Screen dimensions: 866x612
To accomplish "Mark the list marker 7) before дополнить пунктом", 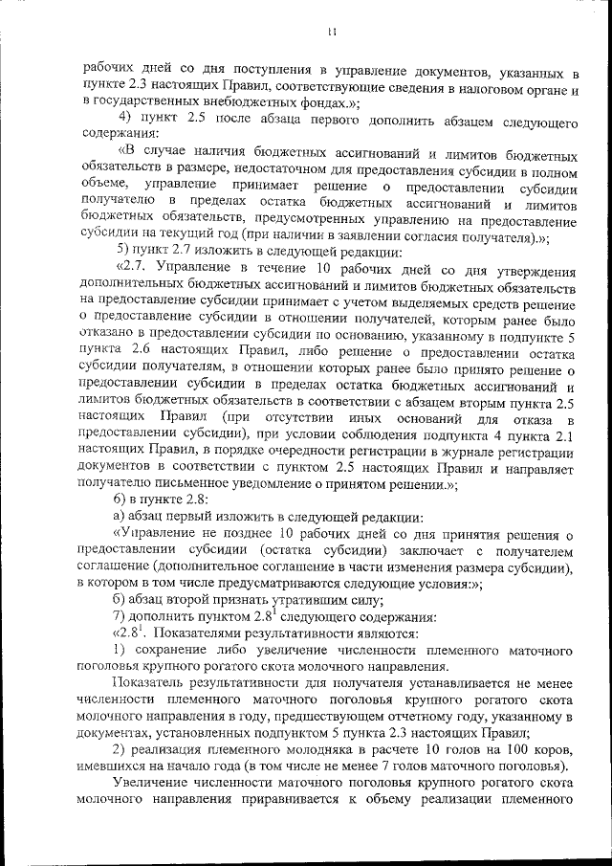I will coord(120,616).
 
